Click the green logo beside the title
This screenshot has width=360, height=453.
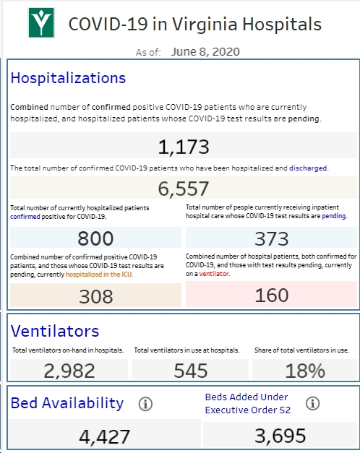point(41,23)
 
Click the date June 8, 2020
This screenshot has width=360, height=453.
point(205,52)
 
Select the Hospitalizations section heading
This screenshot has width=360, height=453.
point(68,78)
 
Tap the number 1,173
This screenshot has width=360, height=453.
point(184,147)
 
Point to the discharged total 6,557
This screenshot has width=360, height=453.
point(184,189)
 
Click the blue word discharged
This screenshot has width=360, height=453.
point(308,168)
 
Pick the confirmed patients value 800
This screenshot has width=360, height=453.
point(95,238)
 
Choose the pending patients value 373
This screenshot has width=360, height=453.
point(272,238)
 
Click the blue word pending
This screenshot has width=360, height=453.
point(334,216)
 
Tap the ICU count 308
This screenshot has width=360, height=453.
point(95,296)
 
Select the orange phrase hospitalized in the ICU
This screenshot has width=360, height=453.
point(99,275)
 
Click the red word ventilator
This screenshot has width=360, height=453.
point(214,274)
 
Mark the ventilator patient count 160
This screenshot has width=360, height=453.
point(272,295)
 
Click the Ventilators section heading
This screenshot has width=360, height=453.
point(55,331)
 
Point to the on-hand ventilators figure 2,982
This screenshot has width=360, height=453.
point(69,371)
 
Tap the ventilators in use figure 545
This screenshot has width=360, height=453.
point(191,371)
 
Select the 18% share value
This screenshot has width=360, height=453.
point(305,371)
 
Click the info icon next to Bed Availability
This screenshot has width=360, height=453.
point(145,404)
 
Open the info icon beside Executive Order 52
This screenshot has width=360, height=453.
point(312,403)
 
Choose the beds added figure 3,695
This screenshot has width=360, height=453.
point(280,436)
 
